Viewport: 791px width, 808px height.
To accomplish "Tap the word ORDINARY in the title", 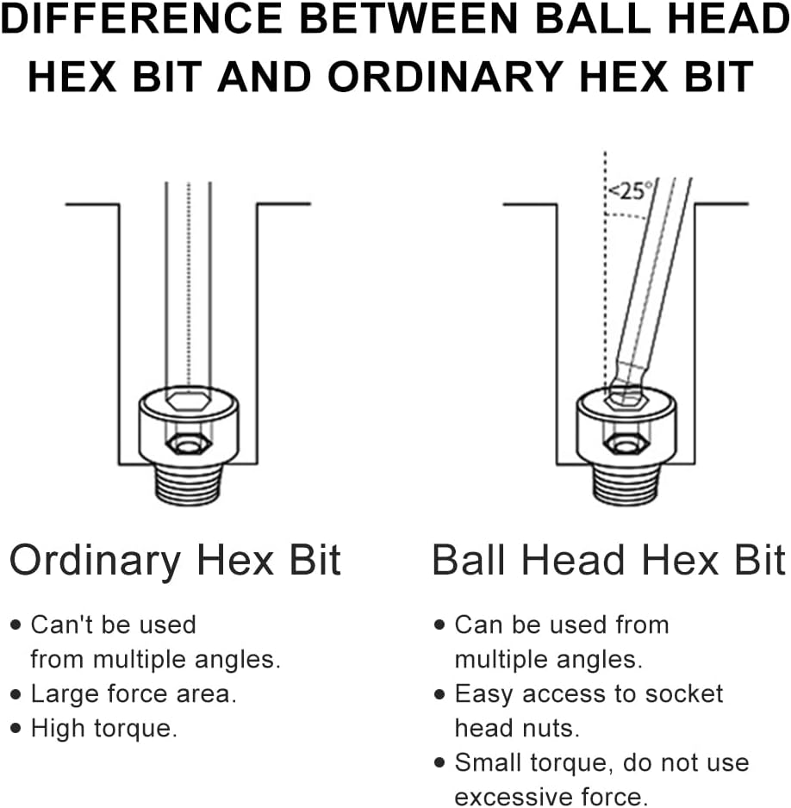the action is coord(445,77).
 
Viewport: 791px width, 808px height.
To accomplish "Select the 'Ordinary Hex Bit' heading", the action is coord(175,561).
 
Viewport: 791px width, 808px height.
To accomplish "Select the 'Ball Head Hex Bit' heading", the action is coord(608,560).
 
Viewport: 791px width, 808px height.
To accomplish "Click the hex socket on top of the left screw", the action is coord(189,400).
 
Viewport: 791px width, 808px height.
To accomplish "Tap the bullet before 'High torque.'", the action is coord(16,728).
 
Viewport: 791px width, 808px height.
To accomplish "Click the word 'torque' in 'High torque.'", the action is coord(135,729).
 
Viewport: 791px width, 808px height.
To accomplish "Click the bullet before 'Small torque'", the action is coord(439,762).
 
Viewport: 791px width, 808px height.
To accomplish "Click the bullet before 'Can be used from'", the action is coord(439,625).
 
